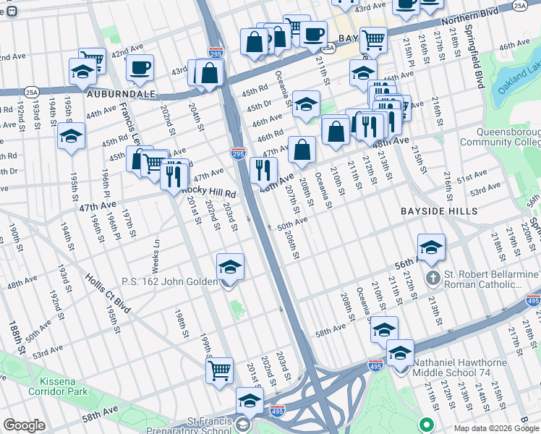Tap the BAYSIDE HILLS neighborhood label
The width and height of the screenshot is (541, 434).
pyautogui.click(x=439, y=210)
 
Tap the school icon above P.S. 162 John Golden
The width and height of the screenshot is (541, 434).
pyautogui.click(x=230, y=268)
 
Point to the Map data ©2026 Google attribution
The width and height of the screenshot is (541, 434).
pyautogui.click(x=495, y=428)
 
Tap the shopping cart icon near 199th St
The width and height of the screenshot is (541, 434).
pyautogui.click(x=219, y=370)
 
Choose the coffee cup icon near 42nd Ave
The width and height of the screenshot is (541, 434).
pyautogui.click(x=140, y=68)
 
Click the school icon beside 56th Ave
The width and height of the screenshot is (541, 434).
pyautogui.click(x=430, y=248)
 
